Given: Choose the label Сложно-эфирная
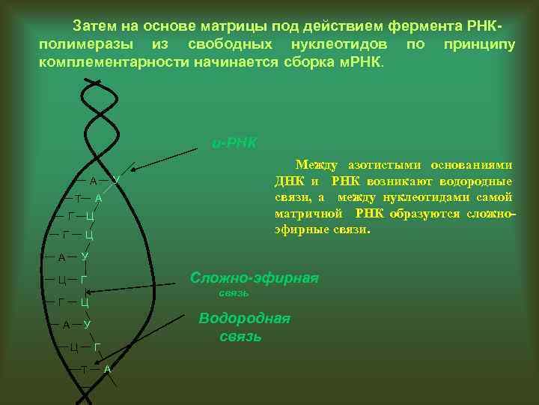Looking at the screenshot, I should pos(254,277).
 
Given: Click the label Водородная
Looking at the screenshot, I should pos(244,319).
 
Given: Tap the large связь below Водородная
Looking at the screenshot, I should pos(241,337).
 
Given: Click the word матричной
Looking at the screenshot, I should pos(301,214).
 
